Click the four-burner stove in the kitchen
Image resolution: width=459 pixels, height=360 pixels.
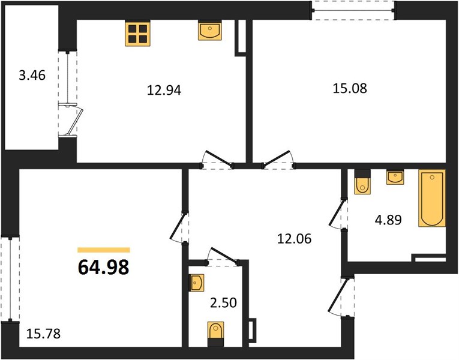[x=137, y=34]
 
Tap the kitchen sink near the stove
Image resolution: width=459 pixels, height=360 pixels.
[x=210, y=30]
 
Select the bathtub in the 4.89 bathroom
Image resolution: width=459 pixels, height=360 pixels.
[x=432, y=198]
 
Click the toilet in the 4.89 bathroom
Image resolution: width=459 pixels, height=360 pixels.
[x=362, y=182]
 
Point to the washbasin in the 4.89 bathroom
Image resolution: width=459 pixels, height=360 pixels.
[x=395, y=177]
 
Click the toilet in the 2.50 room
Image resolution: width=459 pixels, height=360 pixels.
[x=216, y=334]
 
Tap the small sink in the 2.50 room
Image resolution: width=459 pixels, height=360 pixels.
[x=196, y=283]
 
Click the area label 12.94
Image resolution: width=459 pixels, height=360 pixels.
[x=164, y=90]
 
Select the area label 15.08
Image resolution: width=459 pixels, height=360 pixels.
[x=350, y=88]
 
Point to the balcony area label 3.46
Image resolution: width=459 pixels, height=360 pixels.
[x=32, y=76]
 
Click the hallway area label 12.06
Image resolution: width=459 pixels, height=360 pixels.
[x=295, y=239]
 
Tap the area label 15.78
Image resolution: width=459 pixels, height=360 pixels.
[x=43, y=334]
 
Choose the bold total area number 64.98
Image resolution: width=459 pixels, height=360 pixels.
[x=104, y=268]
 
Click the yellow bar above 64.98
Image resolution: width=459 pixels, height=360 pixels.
[x=104, y=250]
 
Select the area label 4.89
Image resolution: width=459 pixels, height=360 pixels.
[x=388, y=220]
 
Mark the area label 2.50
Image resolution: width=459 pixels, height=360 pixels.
[x=223, y=303]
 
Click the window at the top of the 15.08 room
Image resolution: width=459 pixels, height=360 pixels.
[x=353, y=11]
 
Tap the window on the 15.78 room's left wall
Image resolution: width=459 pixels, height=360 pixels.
[x=10, y=279]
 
